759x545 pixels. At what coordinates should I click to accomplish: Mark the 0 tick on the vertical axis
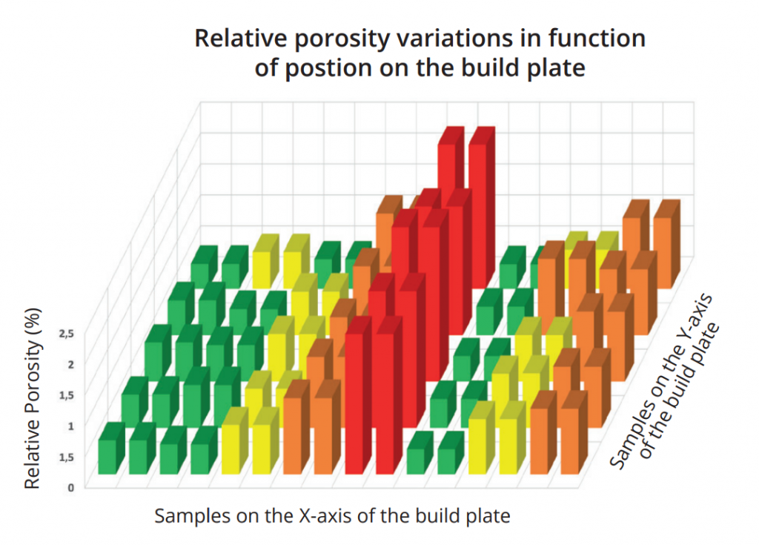coord(70,487)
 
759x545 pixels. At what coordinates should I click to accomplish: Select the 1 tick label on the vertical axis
coord(70,425)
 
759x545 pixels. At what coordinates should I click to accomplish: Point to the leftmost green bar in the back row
coord(199,271)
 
